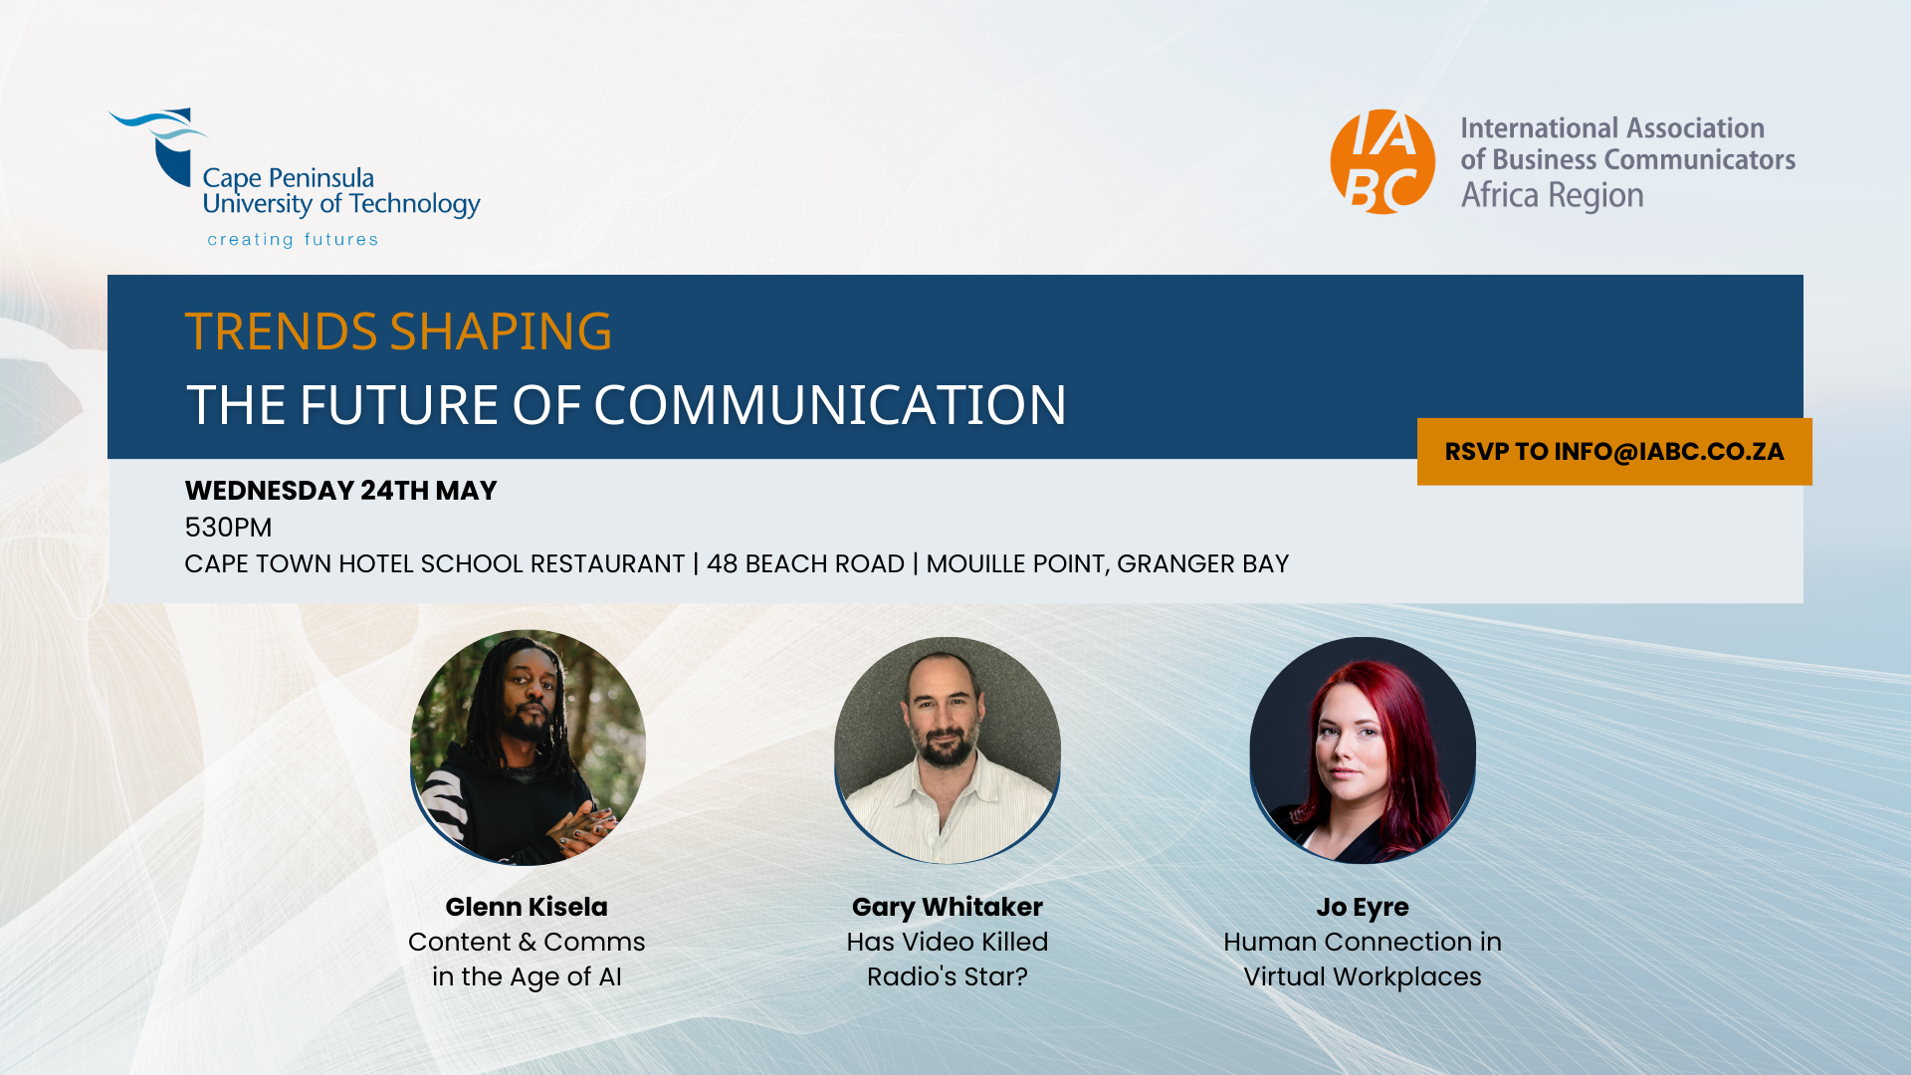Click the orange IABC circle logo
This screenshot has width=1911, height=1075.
[x=1382, y=162]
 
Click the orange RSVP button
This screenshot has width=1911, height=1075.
[x=1614, y=452]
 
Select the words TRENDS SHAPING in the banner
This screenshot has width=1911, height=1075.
[x=398, y=331]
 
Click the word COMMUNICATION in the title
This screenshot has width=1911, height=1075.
[x=830, y=405]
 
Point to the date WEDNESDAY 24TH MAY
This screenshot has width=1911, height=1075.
[x=340, y=491]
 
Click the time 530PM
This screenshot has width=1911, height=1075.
[x=228, y=528]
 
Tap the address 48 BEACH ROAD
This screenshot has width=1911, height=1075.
[x=805, y=564]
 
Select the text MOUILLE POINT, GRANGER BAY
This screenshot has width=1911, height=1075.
[x=1107, y=564]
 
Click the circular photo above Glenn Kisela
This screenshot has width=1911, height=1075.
[x=528, y=748]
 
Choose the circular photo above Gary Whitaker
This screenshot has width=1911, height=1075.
[x=948, y=751]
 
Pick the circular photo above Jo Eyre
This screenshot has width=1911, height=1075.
[x=1363, y=751]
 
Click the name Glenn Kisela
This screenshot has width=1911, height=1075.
[x=527, y=907]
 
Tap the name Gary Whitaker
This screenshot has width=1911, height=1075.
[x=948, y=907]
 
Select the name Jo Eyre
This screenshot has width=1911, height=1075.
[x=1363, y=907]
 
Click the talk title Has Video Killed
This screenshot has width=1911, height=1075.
[x=948, y=942]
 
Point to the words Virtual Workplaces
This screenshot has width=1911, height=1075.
[x=1363, y=976]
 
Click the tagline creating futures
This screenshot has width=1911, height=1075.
[x=293, y=240]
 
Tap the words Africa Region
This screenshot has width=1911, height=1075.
[x=1552, y=195]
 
